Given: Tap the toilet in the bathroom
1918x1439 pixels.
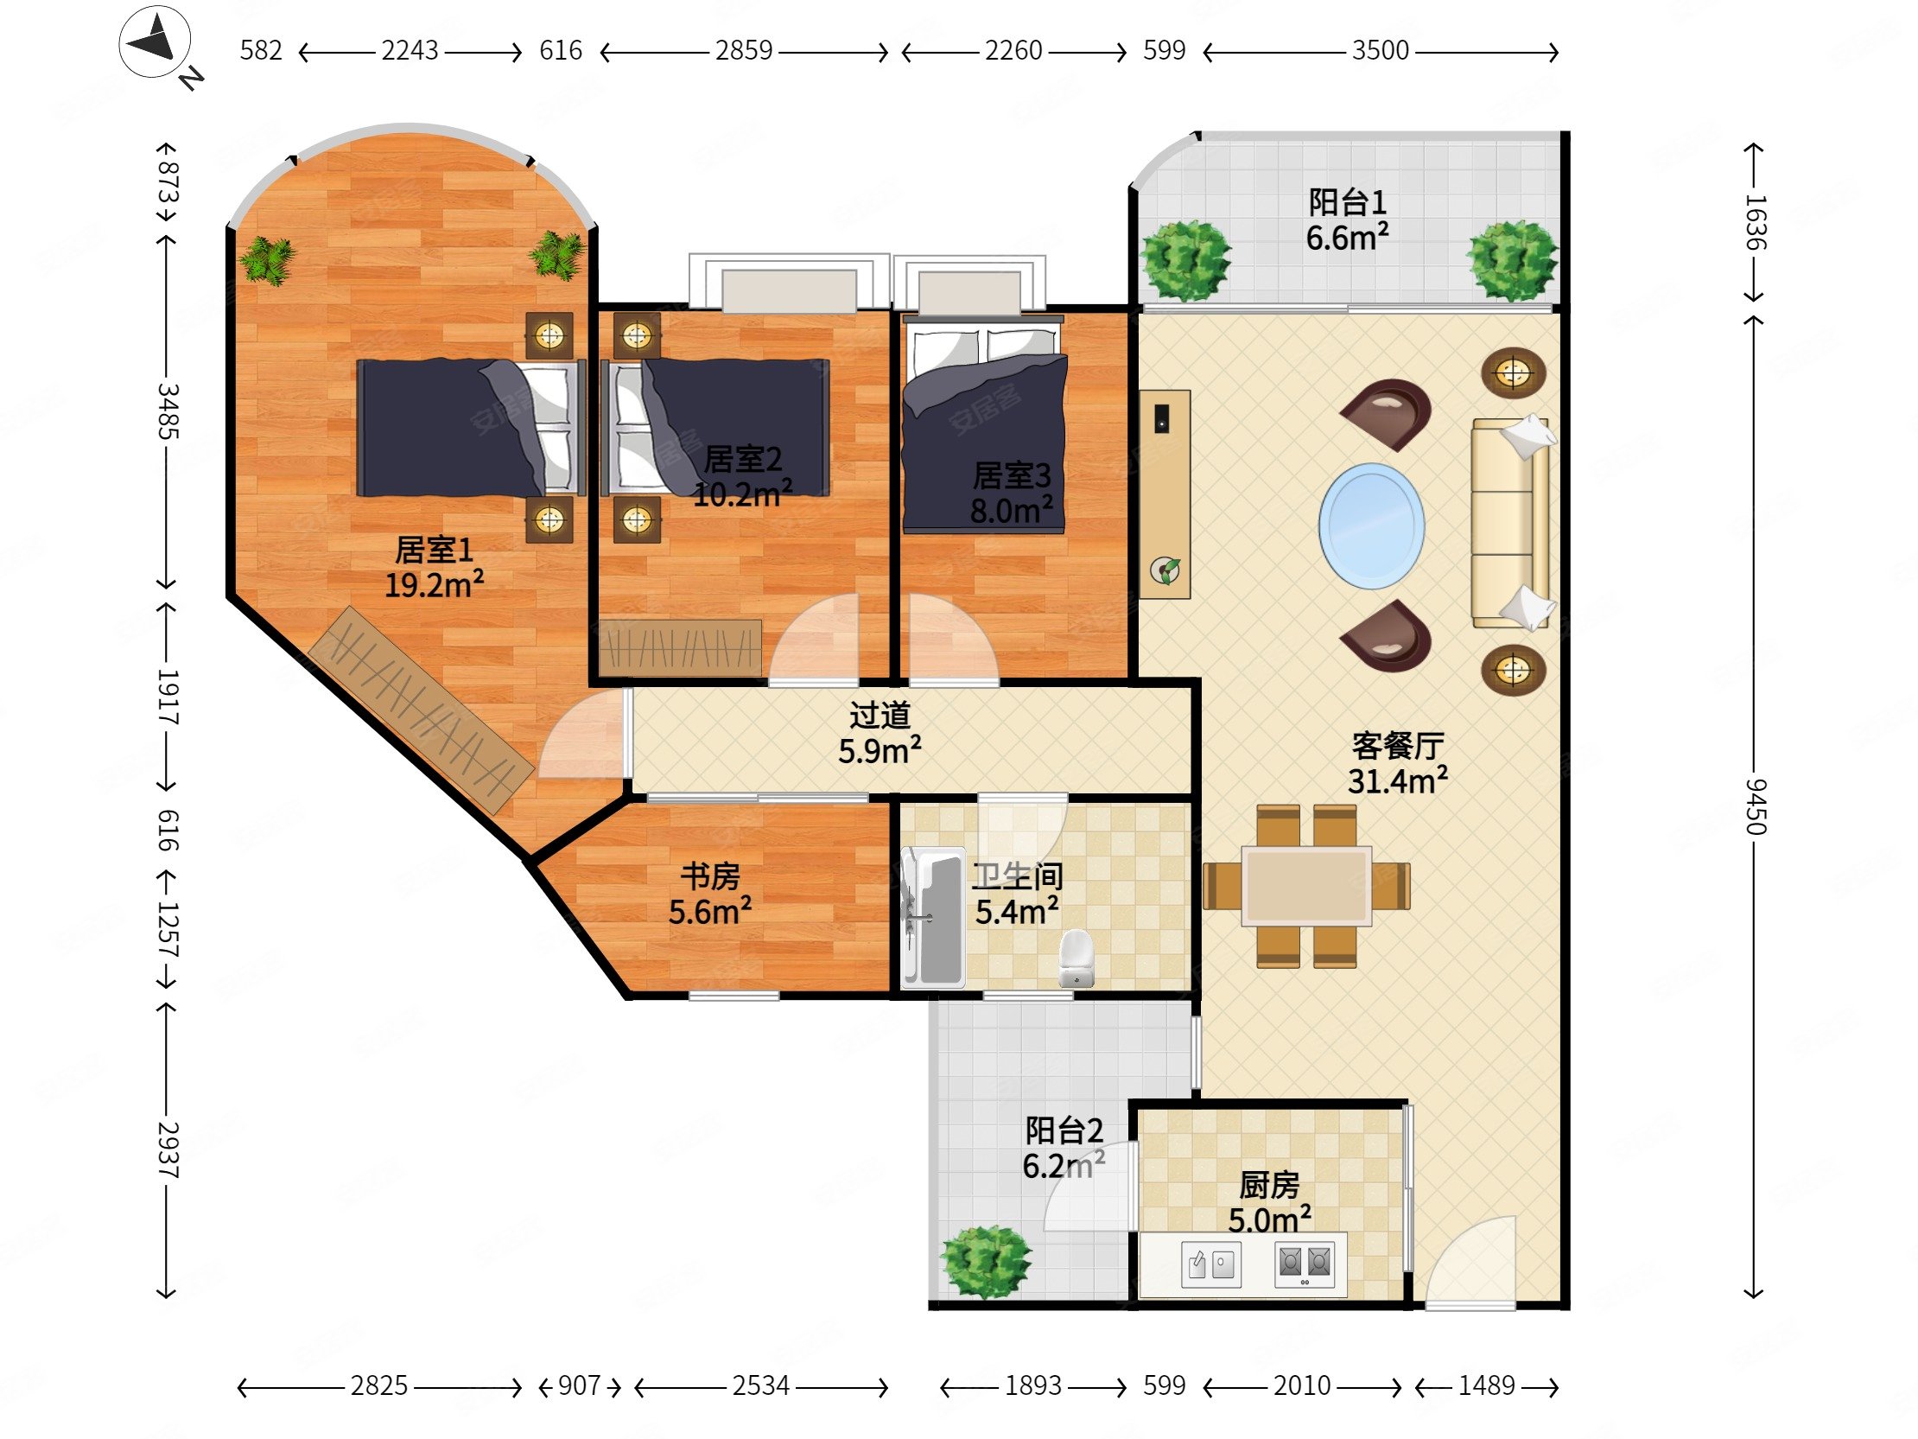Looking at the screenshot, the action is [x=1076, y=958].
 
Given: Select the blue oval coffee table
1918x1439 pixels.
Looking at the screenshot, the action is [x=1371, y=525].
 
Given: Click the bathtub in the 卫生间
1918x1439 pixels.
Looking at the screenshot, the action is [x=933, y=918].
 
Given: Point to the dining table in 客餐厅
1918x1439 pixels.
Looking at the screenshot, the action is [x=1305, y=886].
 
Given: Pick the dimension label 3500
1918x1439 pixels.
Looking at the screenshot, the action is [x=1381, y=50].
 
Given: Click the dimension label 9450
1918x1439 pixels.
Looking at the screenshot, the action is [x=1755, y=806].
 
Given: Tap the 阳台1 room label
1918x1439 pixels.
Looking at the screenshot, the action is [x=1348, y=202].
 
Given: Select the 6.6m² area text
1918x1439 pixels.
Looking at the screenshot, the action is [x=1348, y=238].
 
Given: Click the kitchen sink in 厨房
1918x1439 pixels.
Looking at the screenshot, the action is [x=1210, y=1264].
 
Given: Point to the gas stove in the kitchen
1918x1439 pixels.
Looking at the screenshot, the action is [x=1304, y=1264].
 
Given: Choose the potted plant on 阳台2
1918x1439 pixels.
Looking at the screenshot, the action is [x=986, y=1261].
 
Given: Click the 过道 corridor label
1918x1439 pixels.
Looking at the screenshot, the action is [x=880, y=716].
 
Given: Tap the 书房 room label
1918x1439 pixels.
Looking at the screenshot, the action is [x=710, y=876].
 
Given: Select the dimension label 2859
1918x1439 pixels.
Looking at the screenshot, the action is [x=744, y=50].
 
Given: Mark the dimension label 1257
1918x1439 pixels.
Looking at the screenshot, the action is [x=168, y=930].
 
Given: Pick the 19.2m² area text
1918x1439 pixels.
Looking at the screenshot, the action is [x=434, y=585].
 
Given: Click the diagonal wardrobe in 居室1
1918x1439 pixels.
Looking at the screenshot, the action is [x=422, y=709].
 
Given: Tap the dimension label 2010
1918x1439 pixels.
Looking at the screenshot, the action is [x=1301, y=1385].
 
